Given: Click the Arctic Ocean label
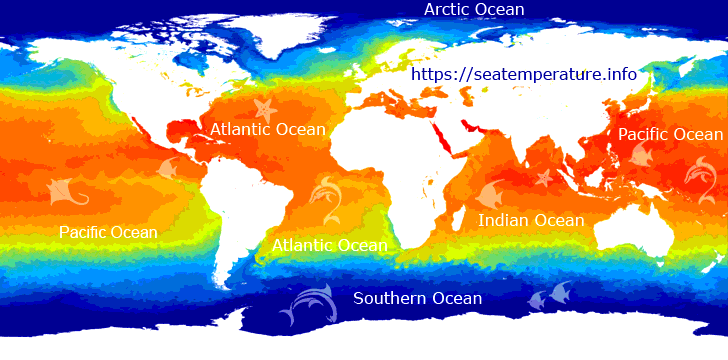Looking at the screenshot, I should coord(474,10).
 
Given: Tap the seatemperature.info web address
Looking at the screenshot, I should coord(524,74).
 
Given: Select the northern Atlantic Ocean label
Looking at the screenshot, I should coord(267,130).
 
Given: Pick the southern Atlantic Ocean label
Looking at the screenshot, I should coord(329,245).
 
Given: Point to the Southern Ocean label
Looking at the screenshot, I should coord(418,299).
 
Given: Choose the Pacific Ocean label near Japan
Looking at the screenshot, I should coord(670,134).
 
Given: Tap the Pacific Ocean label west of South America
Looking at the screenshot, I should coord(108,233).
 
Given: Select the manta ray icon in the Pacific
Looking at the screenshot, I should coord(66,189).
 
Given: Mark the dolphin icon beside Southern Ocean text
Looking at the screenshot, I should coord(305,304).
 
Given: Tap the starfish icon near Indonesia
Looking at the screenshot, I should coord(544,179).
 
